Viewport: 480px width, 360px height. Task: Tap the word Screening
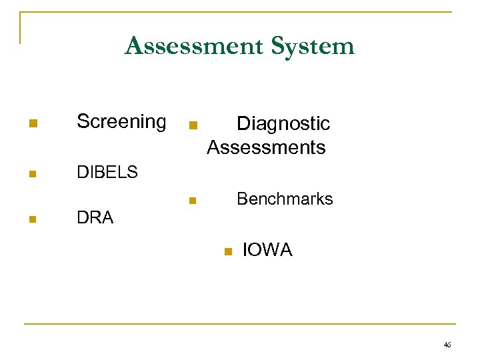pos(121,121)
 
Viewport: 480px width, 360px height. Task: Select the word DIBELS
pos(107,172)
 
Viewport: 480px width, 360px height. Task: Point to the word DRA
pos(95,217)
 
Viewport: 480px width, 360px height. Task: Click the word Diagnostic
pos(283,123)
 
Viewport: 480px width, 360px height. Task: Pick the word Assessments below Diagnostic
pos(266,147)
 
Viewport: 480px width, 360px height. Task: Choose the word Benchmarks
pos(285,199)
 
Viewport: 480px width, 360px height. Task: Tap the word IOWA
pos(267,250)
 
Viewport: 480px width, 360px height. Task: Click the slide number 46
pos(447,345)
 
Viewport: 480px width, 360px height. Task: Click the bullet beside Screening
pos(32,123)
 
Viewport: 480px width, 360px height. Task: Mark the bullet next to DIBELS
pos(32,175)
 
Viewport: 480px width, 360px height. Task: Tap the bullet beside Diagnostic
pos(193,125)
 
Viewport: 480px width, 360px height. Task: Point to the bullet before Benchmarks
pos(192,200)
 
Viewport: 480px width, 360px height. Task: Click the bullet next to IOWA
pos(227,251)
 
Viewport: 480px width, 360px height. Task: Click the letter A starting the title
pos(133,46)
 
